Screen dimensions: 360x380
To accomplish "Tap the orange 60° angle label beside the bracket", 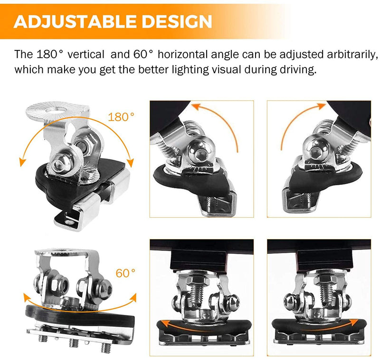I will [125, 273].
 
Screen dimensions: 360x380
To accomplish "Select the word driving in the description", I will [298, 70].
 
